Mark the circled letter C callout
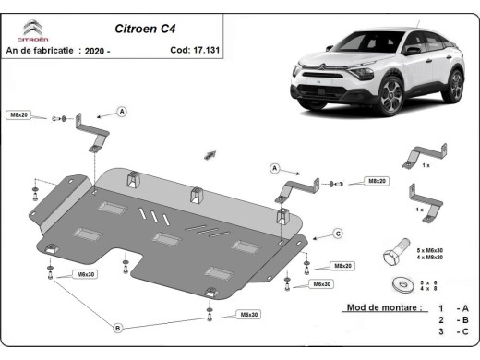338,233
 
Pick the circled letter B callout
117,328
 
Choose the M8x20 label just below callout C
344,265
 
